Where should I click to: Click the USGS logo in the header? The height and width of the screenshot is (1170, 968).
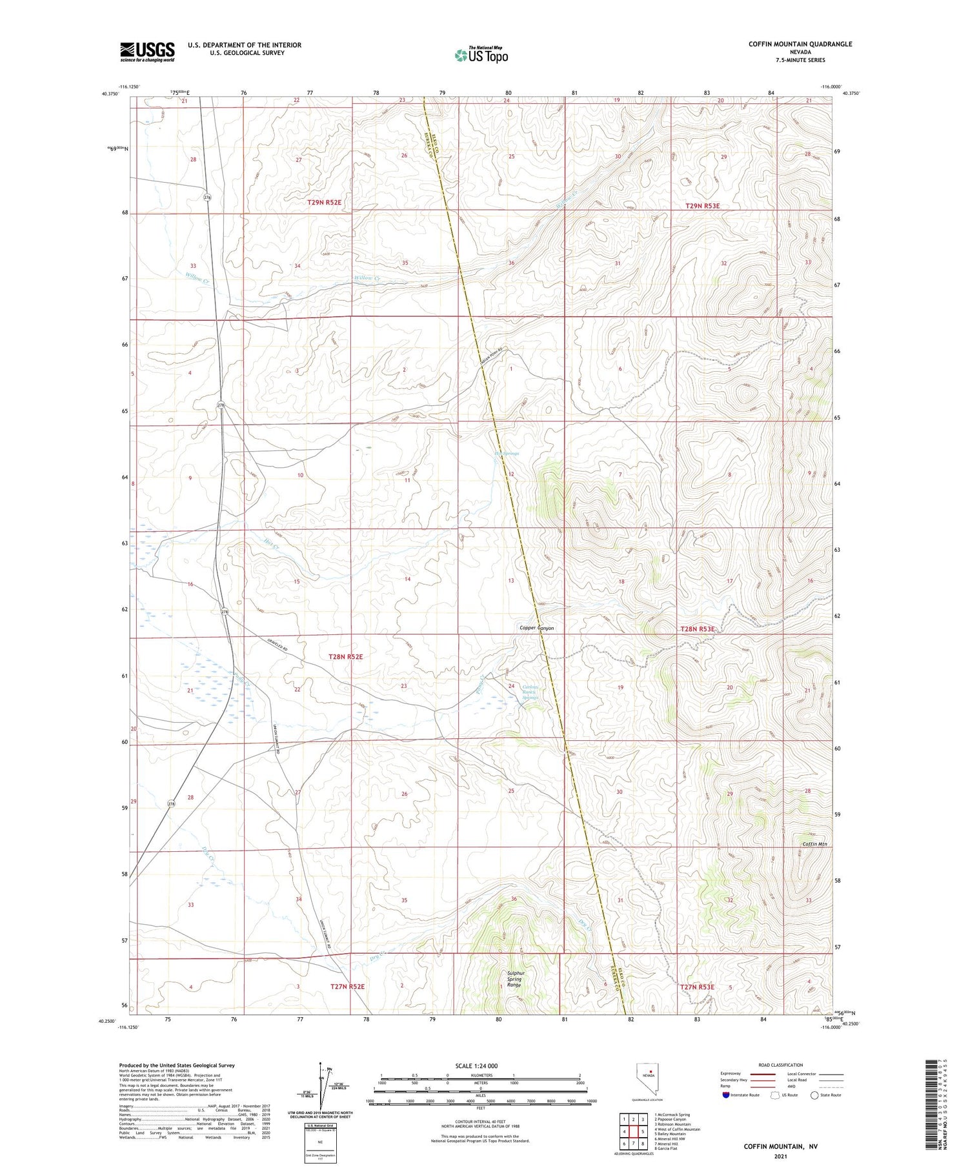pyautogui.click(x=147, y=52)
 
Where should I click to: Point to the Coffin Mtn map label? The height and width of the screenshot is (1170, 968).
pyautogui.click(x=814, y=843)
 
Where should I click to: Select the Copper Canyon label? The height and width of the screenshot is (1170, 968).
pyautogui.click(x=536, y=627)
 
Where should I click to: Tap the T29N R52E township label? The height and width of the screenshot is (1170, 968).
pyautogui.click(x=324, y=203)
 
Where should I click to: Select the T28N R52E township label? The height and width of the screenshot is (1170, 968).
pyautogui.click(x=345, y=656)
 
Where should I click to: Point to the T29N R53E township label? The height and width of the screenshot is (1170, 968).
pyautogui.click(x=702, y=206)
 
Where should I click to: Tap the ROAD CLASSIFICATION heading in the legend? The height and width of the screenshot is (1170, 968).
pyautogui.click(x=781, y=1065)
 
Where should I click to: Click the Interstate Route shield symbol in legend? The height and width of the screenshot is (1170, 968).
pyautogui.click(x=727, y=1094)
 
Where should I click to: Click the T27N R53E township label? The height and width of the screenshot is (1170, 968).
pyautogui.click(x=696, y=987)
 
